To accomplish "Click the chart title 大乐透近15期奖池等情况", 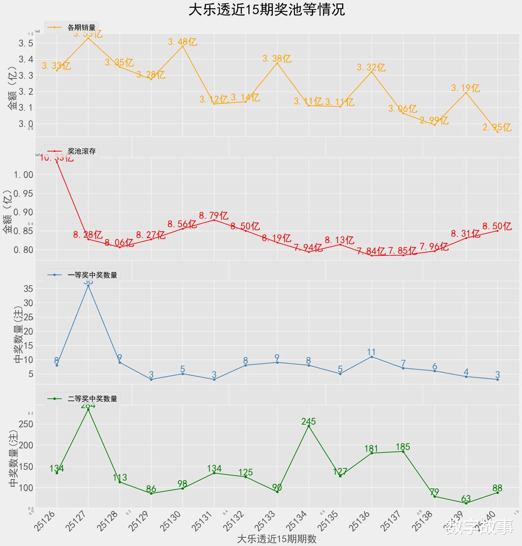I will [x=266, y=10].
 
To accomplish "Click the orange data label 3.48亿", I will [x=182, y=42].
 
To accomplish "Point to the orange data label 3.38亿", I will [x=277, y=59].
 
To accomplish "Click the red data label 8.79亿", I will [x=214, y=216].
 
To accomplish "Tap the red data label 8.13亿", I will [x=340, y=240].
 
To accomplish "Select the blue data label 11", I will [x=371, y=352].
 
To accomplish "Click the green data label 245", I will [x=308, y=421].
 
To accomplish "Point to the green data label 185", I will [x=403, y=447].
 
